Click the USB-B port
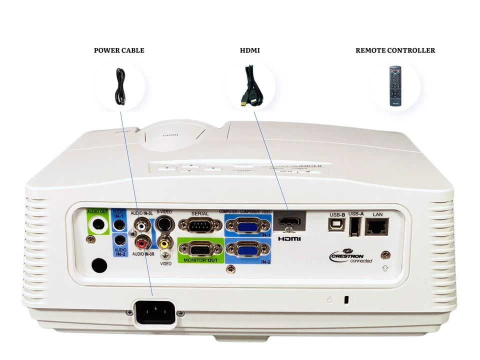(x=335, y=224)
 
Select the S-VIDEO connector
(x=163, y=224)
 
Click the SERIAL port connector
(x=200, y=225)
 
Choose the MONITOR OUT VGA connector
(x=200, y=249)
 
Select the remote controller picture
(x=395, y=85)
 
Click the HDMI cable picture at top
(x=250, y=85)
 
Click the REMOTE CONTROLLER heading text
(x=395, y=50)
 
